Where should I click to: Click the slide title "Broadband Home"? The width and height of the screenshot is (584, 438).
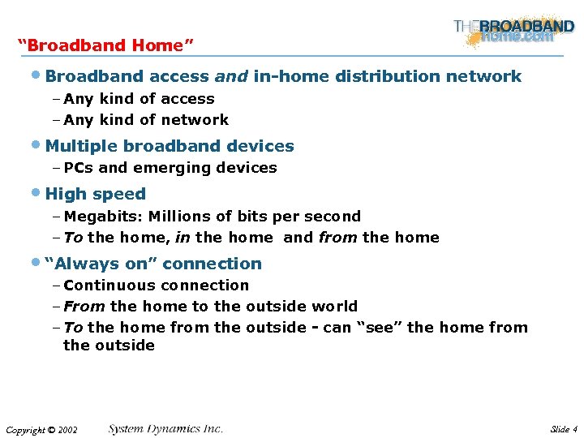point(105,45)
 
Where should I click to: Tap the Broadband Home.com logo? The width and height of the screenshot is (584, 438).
point(514,31)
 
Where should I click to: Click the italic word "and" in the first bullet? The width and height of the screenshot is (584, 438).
point(231,77)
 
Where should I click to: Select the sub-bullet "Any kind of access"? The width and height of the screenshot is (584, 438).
point(139,99)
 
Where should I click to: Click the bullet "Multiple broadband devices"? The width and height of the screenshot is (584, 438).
point(170,147)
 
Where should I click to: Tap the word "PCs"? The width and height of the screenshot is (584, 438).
point(79,168)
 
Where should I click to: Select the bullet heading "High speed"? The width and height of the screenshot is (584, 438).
point(96,194)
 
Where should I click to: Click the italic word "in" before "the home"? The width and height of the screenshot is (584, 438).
point(182,238)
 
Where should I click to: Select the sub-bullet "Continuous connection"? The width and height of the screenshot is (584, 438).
point(156,286)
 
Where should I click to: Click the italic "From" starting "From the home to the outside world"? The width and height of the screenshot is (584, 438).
point(84,307)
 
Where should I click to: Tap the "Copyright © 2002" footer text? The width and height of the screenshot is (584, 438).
point(41,430)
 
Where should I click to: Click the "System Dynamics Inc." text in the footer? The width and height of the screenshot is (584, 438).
point(165,429)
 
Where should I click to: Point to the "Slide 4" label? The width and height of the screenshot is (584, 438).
point(563,429)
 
